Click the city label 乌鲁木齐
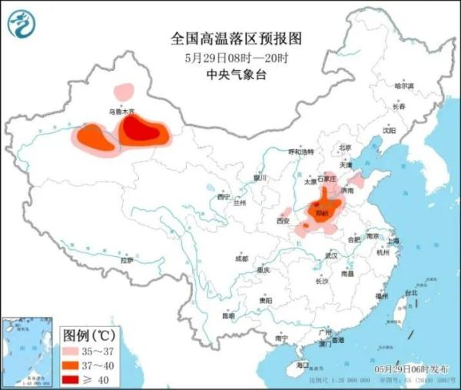(121, 112)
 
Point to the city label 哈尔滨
(403, 85)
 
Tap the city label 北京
(344, 147)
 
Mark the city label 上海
(393, 241)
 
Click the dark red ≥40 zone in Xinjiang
(145, 132)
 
